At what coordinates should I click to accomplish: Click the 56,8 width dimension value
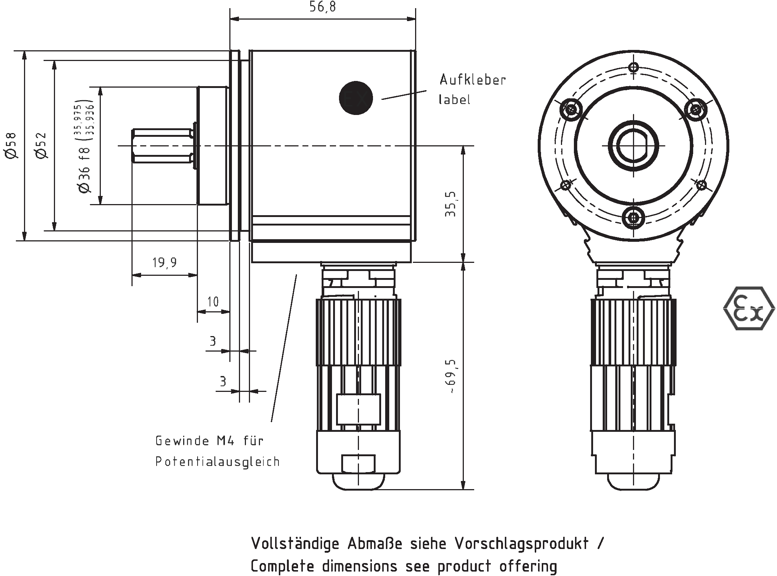323,7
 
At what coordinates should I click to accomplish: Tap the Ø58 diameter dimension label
11,145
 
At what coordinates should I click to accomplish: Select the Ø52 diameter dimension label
42,145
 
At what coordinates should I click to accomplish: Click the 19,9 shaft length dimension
164,262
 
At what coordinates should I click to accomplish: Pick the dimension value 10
213,302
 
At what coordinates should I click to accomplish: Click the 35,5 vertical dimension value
451,204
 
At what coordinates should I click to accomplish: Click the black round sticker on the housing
356,98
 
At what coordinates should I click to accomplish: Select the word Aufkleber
472,80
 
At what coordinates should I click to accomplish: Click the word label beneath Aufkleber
454,99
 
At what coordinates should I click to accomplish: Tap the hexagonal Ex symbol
749,308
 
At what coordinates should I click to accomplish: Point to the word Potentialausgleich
218,462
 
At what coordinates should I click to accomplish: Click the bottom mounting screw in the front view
633,218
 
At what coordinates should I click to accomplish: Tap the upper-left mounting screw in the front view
571,109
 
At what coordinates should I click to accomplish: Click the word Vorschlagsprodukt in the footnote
521,543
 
